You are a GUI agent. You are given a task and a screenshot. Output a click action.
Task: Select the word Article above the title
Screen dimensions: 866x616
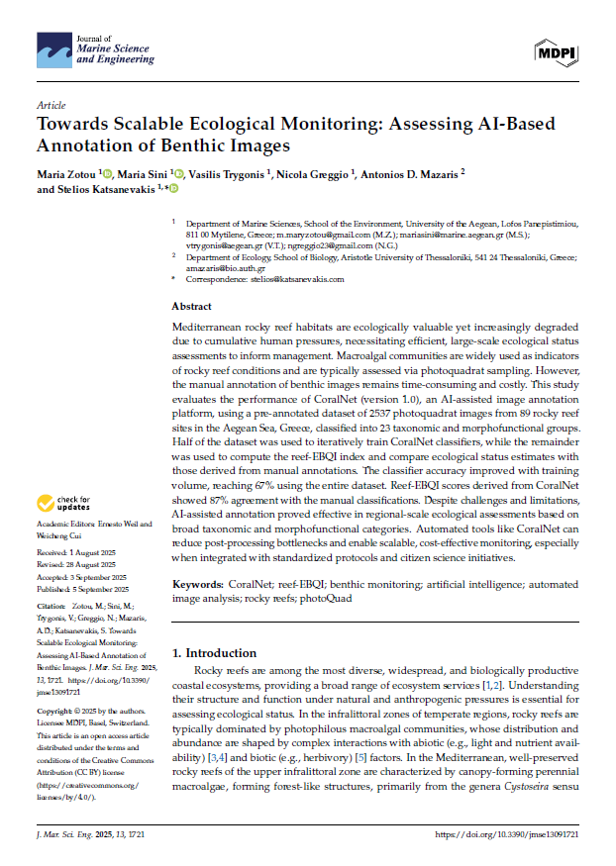[x=51, y=104]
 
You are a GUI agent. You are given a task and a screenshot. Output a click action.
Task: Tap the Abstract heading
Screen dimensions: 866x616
[x=191, y=307]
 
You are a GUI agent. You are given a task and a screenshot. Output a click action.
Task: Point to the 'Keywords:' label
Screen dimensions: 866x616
[x=203, y=586]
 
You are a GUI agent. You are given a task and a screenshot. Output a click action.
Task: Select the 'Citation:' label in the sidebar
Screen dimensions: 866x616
[x=51, y=605]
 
